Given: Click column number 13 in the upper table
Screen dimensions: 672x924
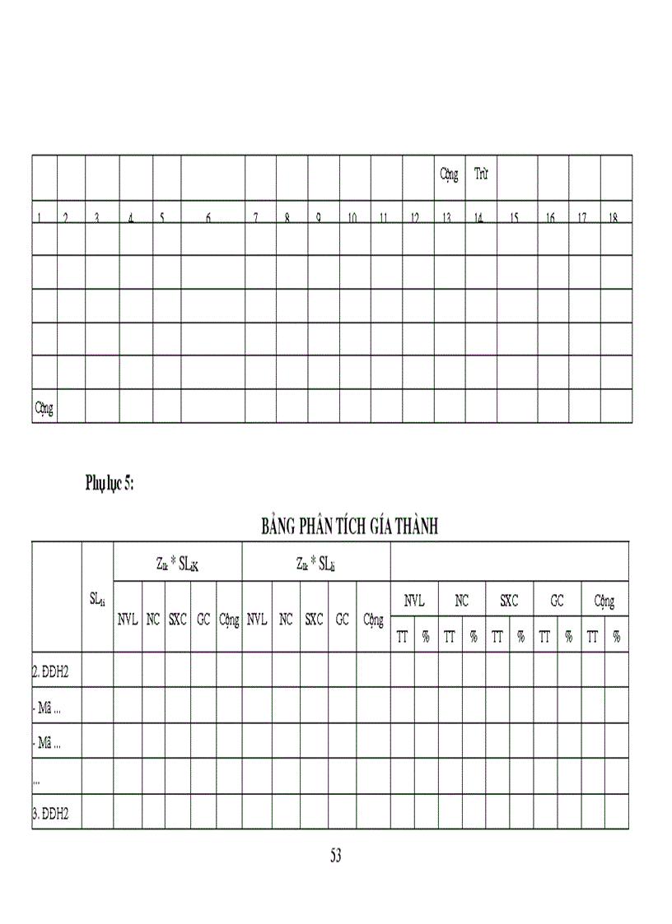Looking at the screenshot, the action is tap(447, 218).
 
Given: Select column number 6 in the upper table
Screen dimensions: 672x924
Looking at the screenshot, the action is tap(208, 218).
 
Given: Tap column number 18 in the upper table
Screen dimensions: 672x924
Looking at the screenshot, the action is tap(614, 218).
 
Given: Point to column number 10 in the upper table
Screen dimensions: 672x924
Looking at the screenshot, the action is tap(352, 218).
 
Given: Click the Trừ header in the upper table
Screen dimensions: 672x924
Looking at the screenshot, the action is tap(481, 174).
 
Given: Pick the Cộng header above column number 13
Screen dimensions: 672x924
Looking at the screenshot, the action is tap(449, 174).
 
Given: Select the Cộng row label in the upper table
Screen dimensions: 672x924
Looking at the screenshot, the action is tap(44, 406).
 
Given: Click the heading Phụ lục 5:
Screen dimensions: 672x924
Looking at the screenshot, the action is tap(110, 484).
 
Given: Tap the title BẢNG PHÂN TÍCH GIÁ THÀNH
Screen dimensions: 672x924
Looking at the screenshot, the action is tap(349, 527).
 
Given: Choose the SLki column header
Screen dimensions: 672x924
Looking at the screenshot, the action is tap(97, 599).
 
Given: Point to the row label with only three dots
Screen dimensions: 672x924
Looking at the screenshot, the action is tap(37, 778).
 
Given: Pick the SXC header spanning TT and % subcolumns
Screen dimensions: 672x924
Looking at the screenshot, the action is tap(509, 601).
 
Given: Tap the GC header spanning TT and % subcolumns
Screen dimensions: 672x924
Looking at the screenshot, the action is tap(557, 601).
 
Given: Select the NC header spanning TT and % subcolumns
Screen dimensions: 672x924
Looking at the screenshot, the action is tap(462, 601).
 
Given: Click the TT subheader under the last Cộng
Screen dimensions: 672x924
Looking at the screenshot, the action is tap(592, 635).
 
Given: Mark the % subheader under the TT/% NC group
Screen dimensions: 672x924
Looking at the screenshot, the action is tap(474, 635).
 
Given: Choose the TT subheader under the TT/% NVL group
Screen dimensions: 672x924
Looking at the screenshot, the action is tap(402, 635).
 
